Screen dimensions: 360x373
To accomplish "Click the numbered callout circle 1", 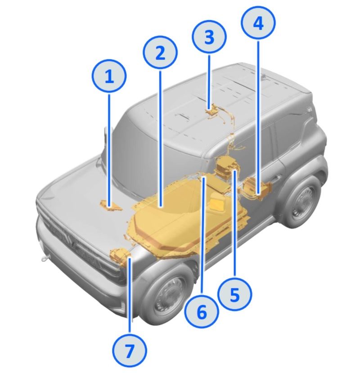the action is tap(109, 76).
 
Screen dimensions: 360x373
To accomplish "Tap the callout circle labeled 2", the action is tap(160, 53).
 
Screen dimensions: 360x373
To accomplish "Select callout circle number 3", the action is tap(209, 37).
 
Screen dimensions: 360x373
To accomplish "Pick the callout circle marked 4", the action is tap(258, 23).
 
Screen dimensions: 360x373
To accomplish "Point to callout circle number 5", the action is tap(235, 294).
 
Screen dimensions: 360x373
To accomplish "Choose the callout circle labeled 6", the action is tap(202, 312).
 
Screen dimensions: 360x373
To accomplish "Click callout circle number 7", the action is tap(130, 350).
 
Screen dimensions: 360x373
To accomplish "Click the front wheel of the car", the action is tap(165, 296).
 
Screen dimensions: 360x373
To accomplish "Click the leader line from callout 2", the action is tap(160, 139).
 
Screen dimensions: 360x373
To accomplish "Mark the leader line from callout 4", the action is tap(259, 117).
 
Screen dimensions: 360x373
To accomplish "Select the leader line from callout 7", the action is tap(130, 296).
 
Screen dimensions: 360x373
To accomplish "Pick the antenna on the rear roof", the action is tap(264, 76).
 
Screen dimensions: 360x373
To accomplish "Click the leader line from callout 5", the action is tap(235, 223).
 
